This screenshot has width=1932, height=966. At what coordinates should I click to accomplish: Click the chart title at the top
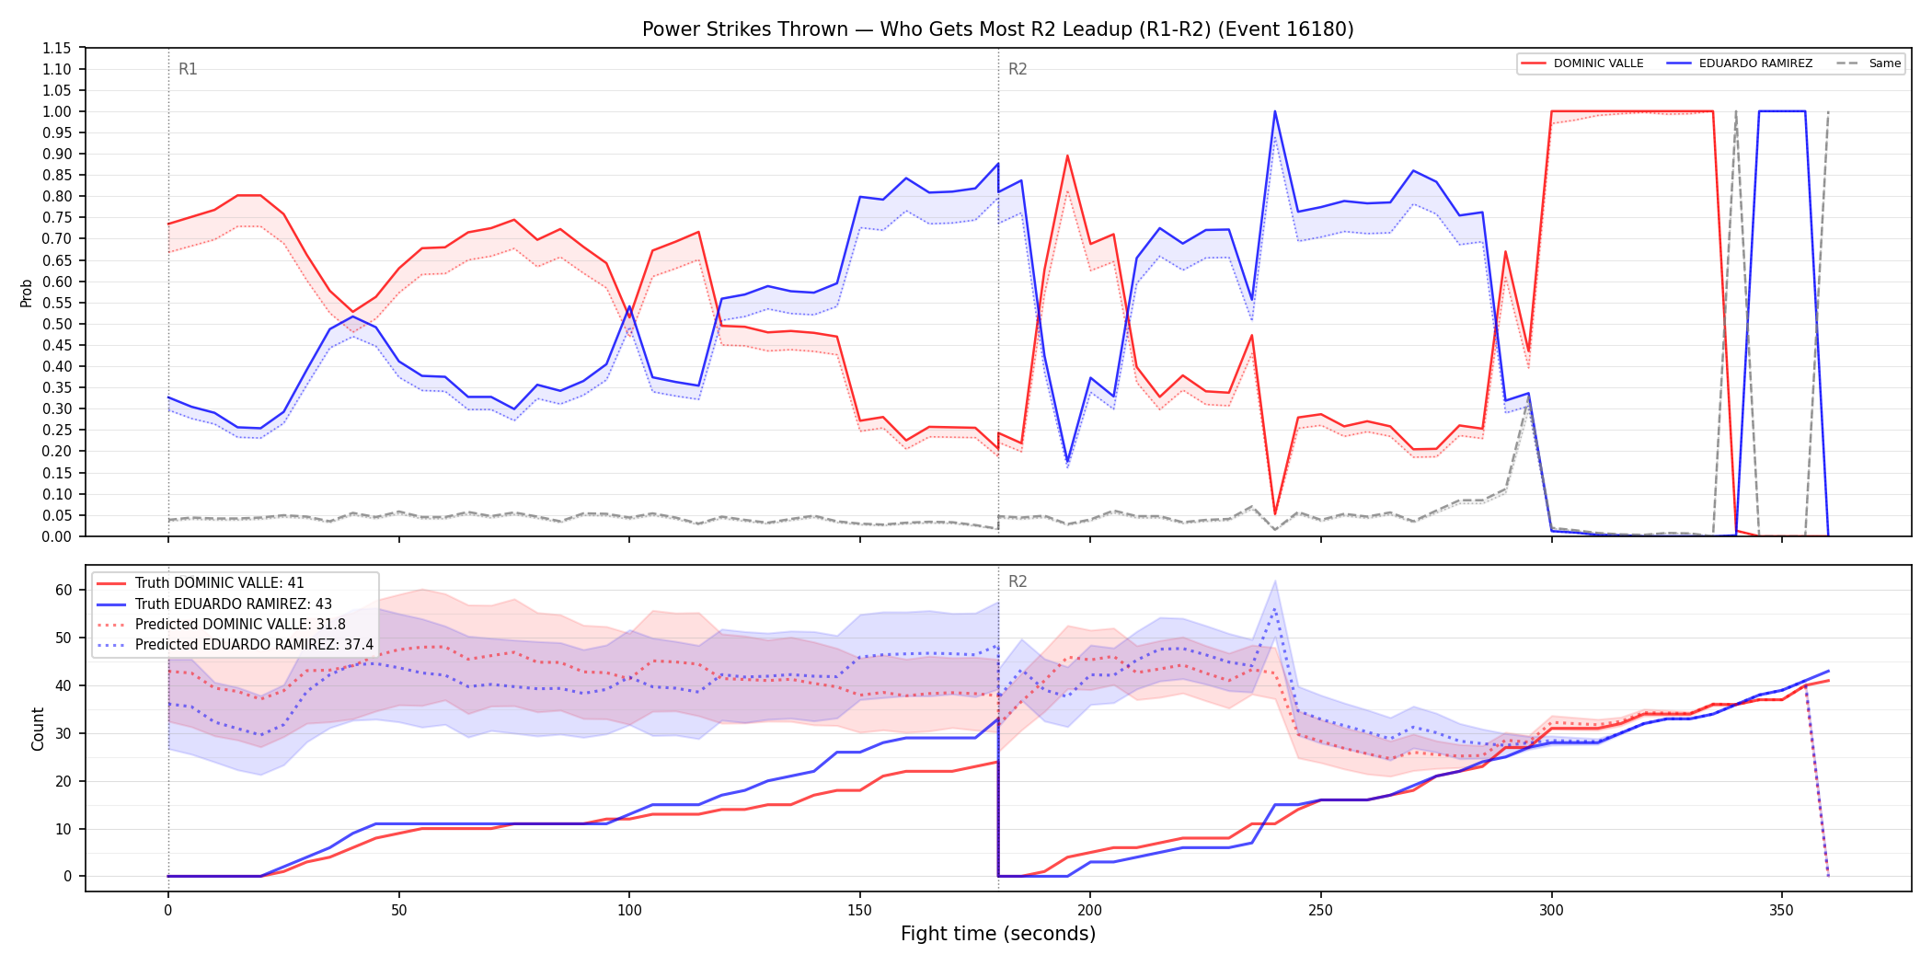(x=998, y=29)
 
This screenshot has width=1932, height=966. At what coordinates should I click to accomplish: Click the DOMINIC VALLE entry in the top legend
(x=1582, y=63)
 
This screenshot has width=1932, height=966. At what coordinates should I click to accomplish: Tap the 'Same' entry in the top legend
(x=1869, y=63)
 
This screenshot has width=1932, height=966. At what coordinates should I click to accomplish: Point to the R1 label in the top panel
(x=188, y=69)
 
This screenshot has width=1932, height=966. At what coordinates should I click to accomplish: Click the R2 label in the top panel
(x=1018, y=69)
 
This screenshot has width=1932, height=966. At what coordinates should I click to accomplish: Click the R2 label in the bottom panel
(x=1018, y=581)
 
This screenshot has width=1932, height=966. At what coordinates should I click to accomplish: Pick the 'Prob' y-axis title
(x=27, y=293)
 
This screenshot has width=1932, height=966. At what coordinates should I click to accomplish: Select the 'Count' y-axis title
(x=38, y=729)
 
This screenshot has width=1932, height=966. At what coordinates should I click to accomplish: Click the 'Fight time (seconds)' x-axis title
(x=998, y=934)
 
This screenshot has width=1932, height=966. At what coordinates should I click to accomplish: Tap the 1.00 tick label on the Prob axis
(x=57, y=111)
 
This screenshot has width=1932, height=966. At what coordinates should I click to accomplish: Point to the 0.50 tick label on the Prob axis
(x=57, y=324)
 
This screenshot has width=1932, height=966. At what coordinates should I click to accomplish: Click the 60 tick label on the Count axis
(x=63, y=591)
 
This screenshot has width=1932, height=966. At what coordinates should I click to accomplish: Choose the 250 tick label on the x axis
(x=1321, y=911)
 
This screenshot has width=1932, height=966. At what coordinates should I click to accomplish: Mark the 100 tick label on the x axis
(x=629, y=911)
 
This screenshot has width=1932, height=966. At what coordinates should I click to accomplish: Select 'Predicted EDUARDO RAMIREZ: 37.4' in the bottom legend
(x=236, y=645)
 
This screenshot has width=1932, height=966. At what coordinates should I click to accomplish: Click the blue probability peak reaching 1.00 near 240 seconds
(x=1275, y=111)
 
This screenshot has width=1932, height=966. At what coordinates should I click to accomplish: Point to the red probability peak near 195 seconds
(x=1067, y=155)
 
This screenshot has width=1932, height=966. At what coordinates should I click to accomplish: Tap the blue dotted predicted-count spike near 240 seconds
(x=1275, y=609)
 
